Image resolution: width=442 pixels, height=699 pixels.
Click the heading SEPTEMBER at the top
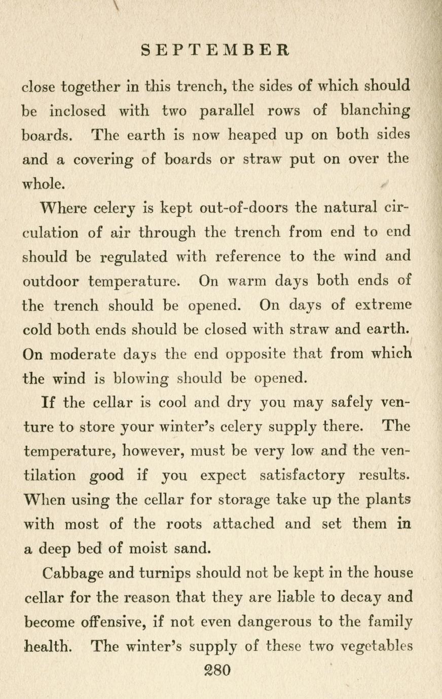(x=215, y=51)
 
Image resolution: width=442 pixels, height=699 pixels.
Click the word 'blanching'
(x=375, y=111)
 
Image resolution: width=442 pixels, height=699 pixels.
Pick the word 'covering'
(x=103, y=160)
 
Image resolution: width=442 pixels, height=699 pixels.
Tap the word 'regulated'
(x=134, y=257)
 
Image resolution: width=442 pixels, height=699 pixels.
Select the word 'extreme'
(x=383, y=305)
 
